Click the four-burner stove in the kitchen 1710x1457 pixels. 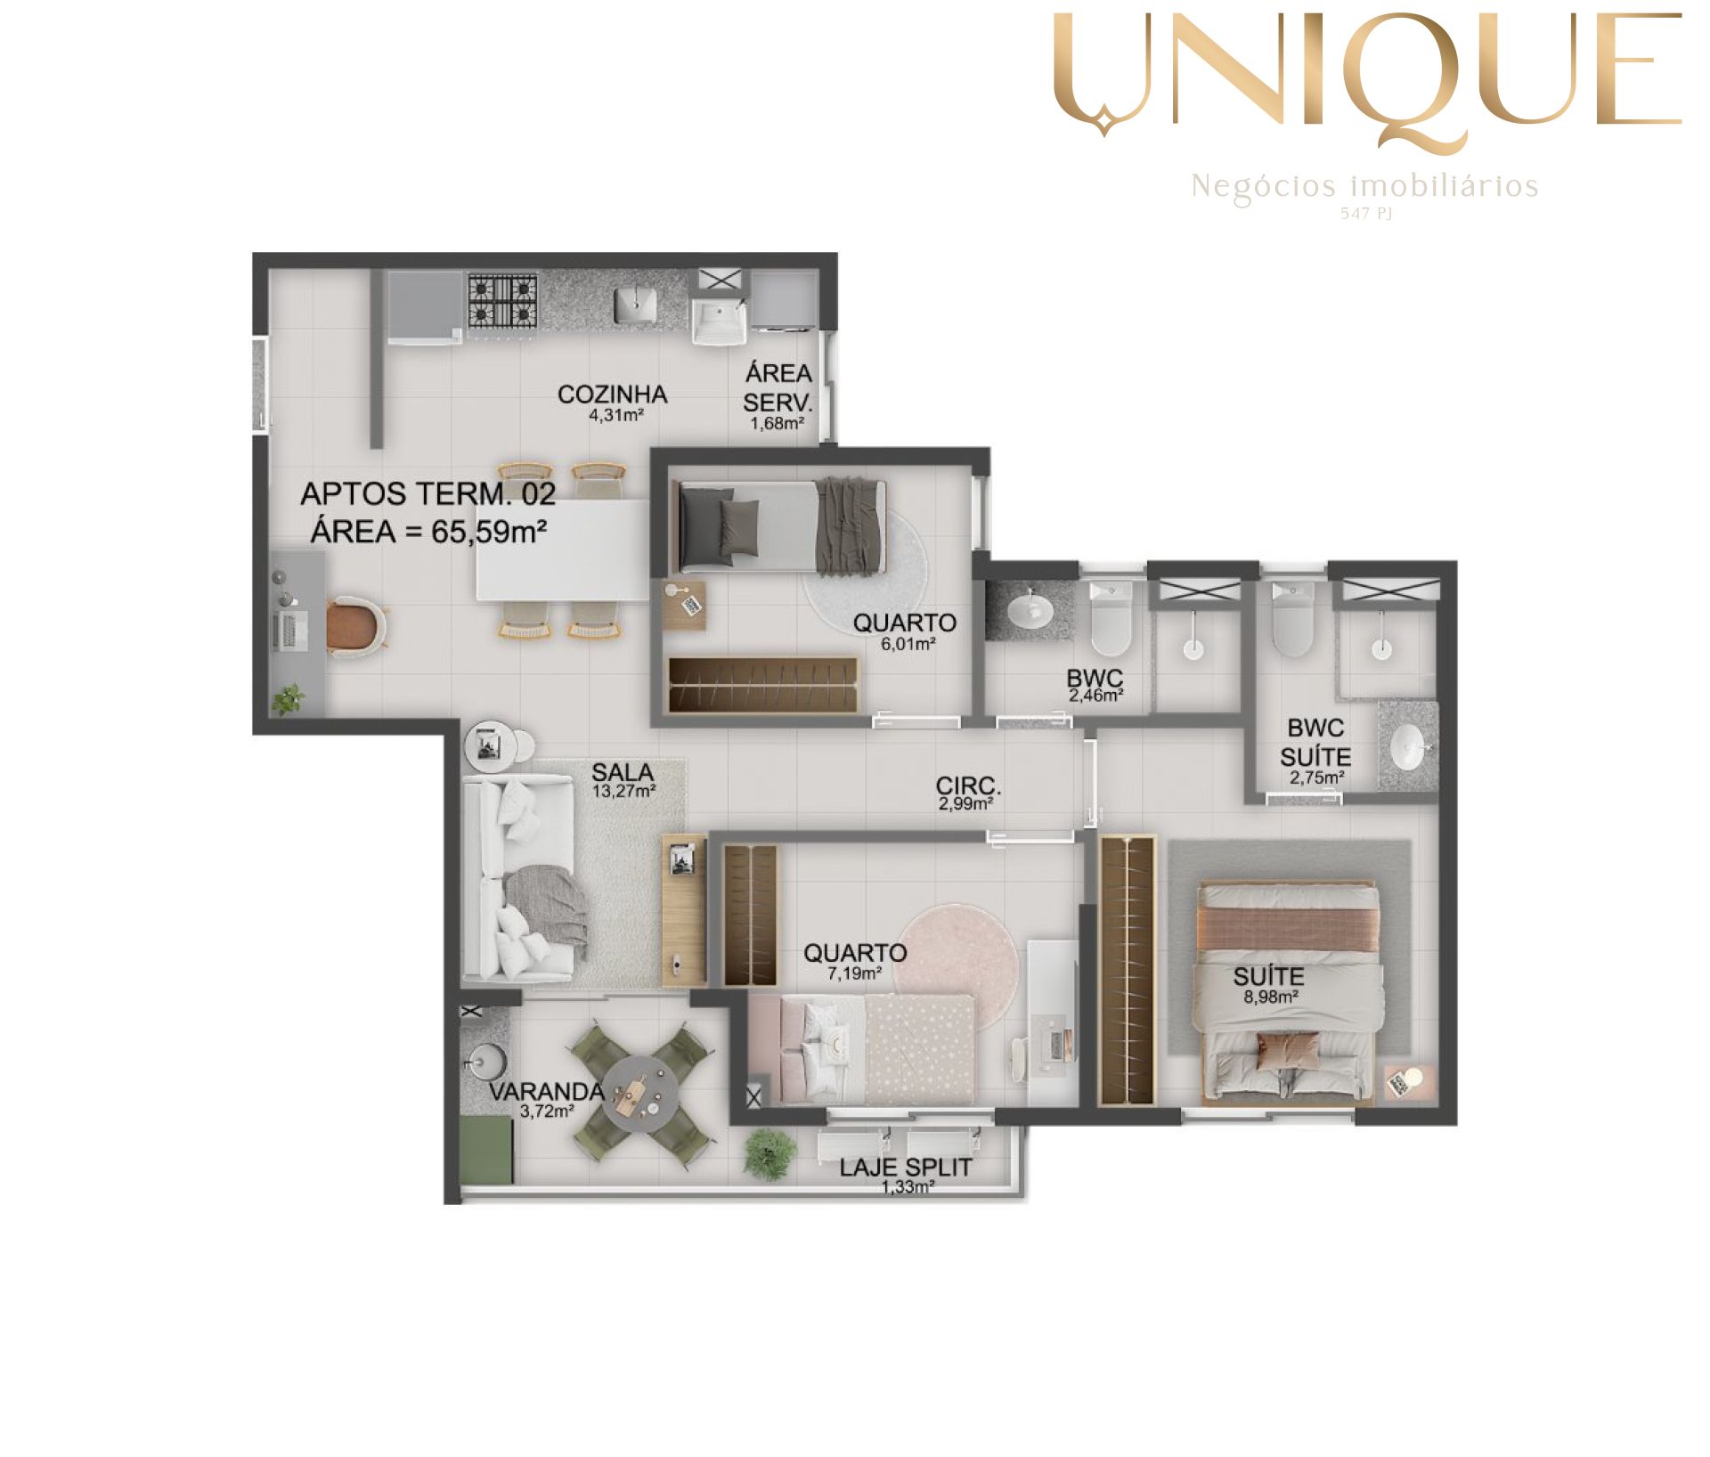pyautogui.click(x=503, y=301)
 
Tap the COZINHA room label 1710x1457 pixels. pyautogui.click(x=613, y=395)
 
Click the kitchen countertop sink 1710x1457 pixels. pyautogui.click(x=636, y=305)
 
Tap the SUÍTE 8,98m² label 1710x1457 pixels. pyautogui.click(x=1269, y=984)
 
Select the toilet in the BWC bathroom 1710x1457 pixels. pyautogui.click(x=1111, y=617)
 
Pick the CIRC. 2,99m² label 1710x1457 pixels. pyautogui.click(x=967, y=794)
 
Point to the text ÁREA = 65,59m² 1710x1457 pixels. pyautogui.click(x=428, y=532)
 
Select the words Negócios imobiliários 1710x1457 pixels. pyautogui.click(x=1364, y=187)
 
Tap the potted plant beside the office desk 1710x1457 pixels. pyautogui.click(x=288, y=699)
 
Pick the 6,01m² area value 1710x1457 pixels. pyautogui.click(x=908, y=644)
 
